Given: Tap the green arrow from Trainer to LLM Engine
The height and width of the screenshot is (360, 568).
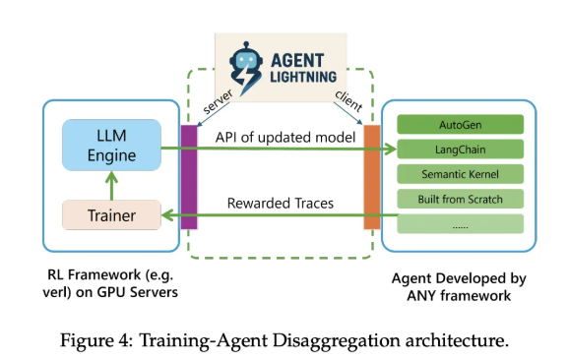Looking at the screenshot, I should [111, 181].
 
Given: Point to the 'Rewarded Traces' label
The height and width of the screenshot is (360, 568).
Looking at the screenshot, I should [280, 202].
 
